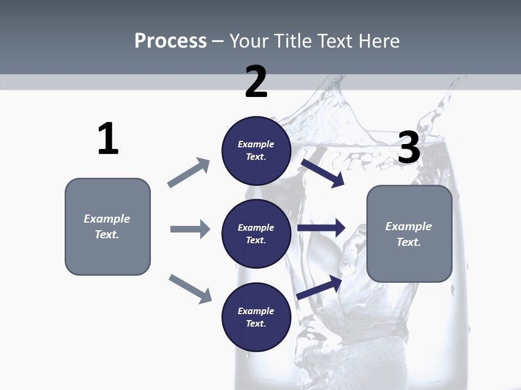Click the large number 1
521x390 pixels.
click(x=108, y=139)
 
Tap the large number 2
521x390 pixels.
click(x=256, y=82)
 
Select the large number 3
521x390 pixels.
click(x=409, y=148)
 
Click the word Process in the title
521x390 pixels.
click(x=170, y=41)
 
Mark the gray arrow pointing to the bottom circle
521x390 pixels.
click(x=190, y=289)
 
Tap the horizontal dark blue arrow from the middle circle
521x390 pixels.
click(x=321, y=228)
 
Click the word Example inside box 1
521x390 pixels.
click(x=107, y=219)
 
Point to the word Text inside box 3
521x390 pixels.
click(x=408, y=242)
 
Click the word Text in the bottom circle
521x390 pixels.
click(x=255, y=324)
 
